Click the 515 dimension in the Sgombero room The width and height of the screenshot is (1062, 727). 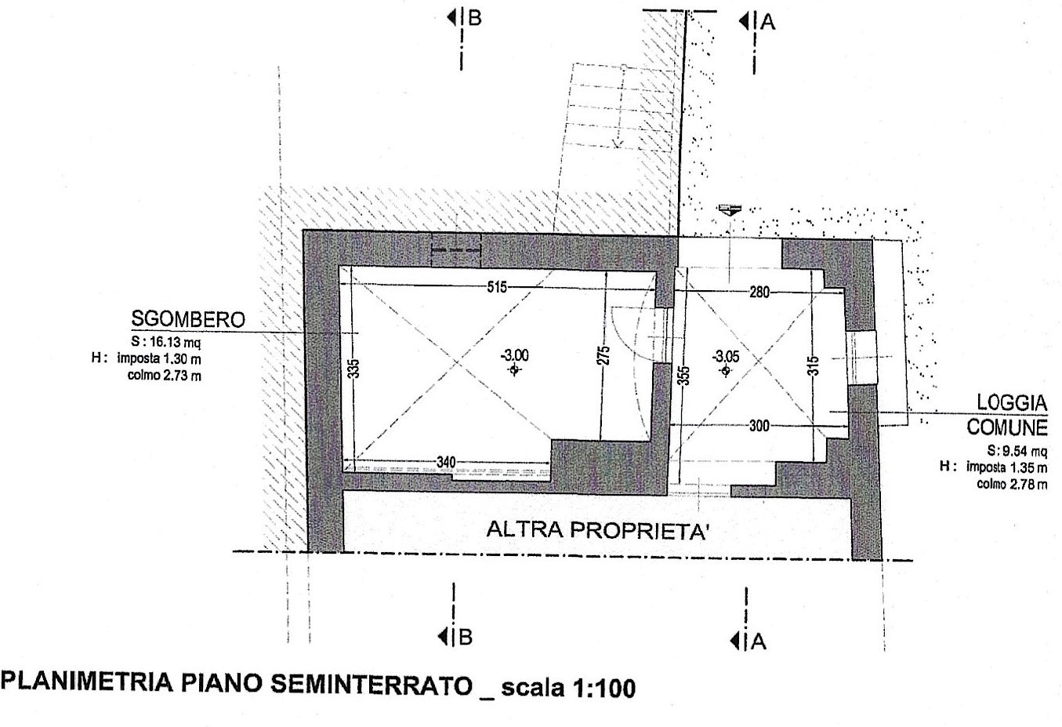(497, 287)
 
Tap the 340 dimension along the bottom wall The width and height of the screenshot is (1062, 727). (446, 462)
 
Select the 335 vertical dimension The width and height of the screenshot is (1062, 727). (353, 369)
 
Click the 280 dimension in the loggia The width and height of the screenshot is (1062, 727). (759, 293)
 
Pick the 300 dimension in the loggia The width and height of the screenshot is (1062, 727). (759, 426)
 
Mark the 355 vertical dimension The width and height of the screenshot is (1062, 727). (684, 376)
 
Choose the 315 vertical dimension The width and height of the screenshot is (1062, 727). (813, 366)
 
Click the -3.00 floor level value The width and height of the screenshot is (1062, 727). (514, 355)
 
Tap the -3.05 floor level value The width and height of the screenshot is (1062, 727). (726, 356)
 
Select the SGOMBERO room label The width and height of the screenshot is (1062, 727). (188, 319)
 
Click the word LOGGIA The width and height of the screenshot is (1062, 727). (1012, 403)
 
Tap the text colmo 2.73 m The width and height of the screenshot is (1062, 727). (164, 376)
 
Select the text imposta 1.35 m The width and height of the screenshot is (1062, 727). (1007, 467)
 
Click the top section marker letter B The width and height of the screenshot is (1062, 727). (475, 18)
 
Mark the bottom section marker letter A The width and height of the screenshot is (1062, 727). (759, 642)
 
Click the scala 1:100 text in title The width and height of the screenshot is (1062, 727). (568, 688)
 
